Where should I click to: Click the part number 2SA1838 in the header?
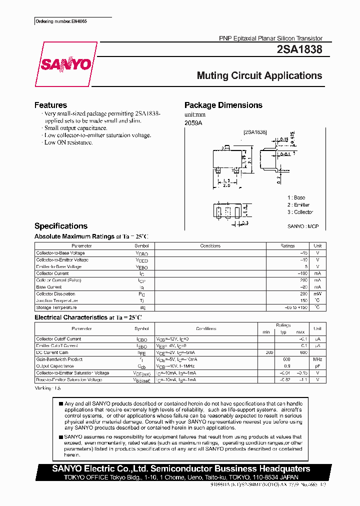tap(299, 49)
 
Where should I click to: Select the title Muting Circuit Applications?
tap(259, 76)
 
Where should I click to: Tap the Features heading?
tap(50, 105)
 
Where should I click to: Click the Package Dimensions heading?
tap(223, 105)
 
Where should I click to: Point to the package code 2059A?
tap(193, 123)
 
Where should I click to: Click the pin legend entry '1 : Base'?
tap(296, 198)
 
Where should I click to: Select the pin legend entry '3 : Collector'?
tap(300, 212)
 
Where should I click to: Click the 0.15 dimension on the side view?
tap(284, 139)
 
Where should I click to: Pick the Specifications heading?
tap(60, 226)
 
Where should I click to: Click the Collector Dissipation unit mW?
tap(317, 294)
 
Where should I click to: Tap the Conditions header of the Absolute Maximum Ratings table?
tap(210, 246)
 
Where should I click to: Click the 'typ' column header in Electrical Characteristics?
tap(283, 332)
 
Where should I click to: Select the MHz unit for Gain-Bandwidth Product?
tap(317, 359)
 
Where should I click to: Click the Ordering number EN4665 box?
tap(55, 21)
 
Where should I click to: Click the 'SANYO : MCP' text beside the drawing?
tap(303, 226)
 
